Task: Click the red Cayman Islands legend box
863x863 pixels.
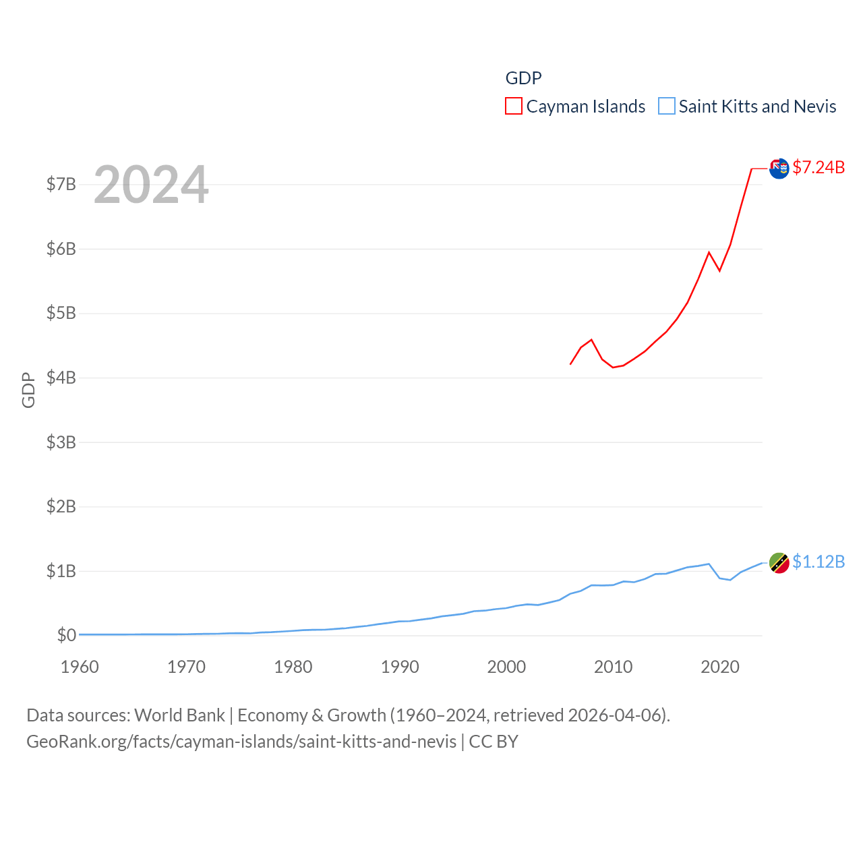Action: tap(514, 107)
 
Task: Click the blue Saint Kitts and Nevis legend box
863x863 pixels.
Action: tap(666, 107)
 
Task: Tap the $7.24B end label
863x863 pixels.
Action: tap(819, 167)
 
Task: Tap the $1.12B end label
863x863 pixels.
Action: tap(819, 562)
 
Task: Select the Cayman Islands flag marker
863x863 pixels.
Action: tap(779, 169)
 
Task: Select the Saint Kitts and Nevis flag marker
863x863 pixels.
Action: tap(779, 563)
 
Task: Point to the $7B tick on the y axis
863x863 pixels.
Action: tap(61, 184)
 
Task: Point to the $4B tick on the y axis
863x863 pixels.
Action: tap(61, 378)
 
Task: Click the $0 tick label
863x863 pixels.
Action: tap(67, 635)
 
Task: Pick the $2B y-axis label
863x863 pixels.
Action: tap(61, 506)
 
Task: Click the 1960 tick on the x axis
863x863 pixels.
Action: tap(80, 667)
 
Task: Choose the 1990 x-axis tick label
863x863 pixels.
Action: tap(400, 667)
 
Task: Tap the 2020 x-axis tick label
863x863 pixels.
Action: tap(720, 667)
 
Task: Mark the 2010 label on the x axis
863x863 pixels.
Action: tap(613, 667)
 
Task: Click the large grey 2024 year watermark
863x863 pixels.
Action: tap(151, 185)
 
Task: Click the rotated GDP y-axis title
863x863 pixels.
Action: tap(28, 390)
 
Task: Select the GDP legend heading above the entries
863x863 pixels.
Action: tap(523, 78)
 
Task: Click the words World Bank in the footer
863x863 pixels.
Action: tap(180, 715)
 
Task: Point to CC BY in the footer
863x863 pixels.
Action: tap(494, 742)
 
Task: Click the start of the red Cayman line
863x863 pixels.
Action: tap(571, 364)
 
